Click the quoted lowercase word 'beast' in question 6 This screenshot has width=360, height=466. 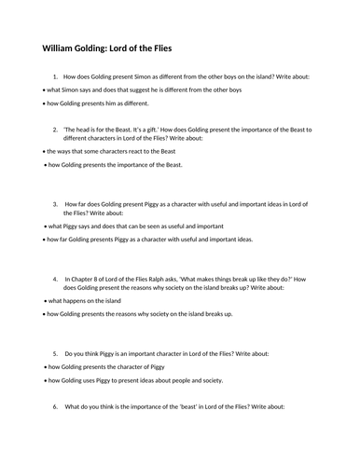coord(198,405)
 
